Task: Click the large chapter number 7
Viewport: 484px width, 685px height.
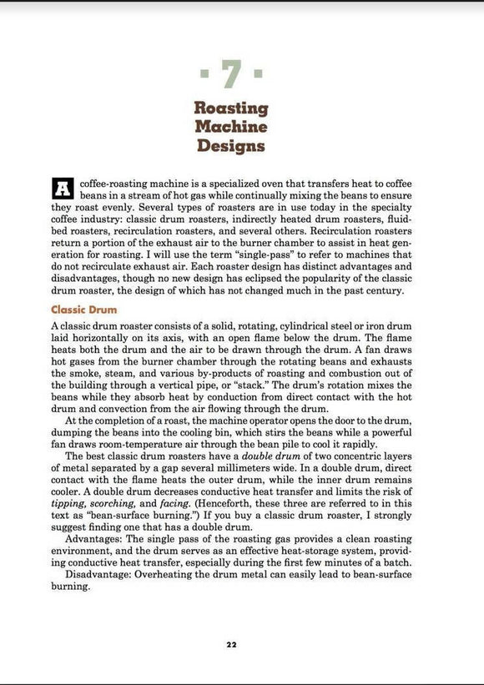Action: (231, 77)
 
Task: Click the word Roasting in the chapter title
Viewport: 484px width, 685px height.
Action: (231, 108)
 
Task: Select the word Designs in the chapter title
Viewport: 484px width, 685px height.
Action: (231, 146)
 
